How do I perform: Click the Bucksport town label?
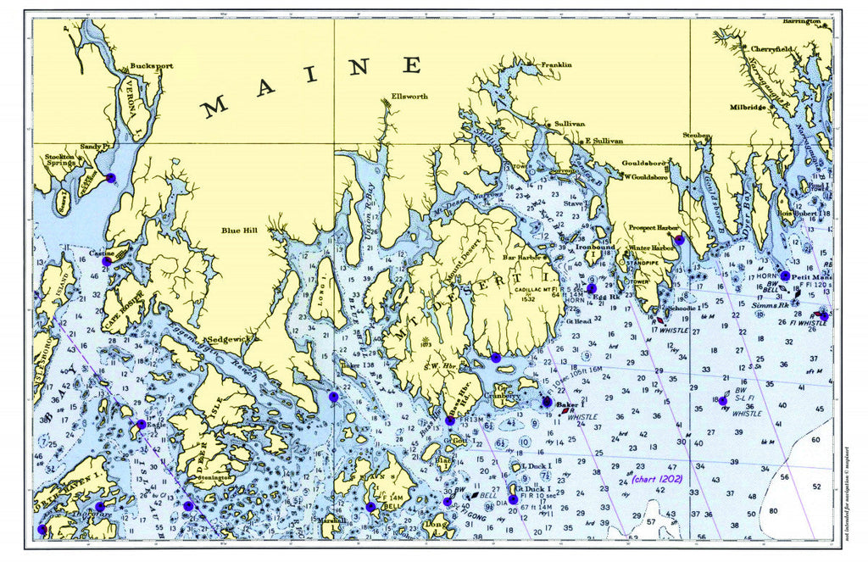point(151,65)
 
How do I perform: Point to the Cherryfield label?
point(771,49)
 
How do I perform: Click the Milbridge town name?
point(748,108)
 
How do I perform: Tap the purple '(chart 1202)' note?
point(658,479)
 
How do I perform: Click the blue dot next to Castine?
point(107,262)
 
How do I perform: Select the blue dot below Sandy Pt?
point(110,177)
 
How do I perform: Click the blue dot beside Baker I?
point(547,402)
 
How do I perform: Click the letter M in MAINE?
point(214,107)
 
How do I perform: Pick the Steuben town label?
point(697,134)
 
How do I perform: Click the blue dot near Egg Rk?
point(592,288)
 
